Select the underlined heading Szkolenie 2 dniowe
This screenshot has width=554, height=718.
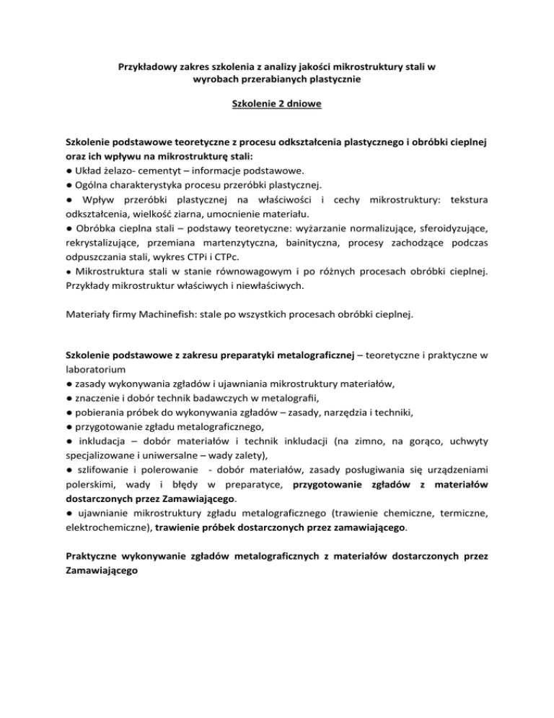[x=276, y=105]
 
